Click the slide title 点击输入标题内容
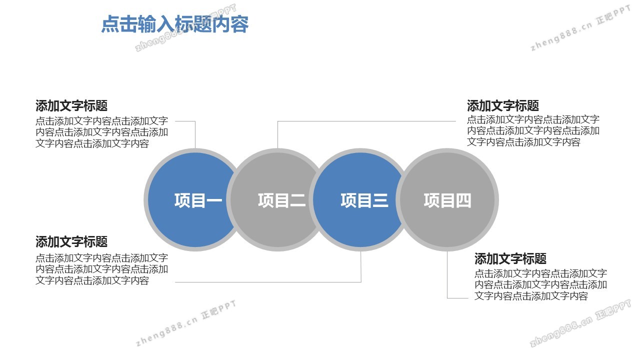175,24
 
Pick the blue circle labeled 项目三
360,199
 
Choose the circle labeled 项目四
447,199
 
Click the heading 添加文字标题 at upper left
71,105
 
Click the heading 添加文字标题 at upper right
503,105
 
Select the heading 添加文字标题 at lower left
71,241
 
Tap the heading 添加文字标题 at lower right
510,258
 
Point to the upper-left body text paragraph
101,132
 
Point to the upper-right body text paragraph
533,130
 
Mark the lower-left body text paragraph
101,269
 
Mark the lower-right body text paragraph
540,284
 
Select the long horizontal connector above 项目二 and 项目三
366,121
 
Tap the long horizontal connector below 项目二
268,282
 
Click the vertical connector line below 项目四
447,275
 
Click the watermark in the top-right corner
580,28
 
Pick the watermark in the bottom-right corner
580,323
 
